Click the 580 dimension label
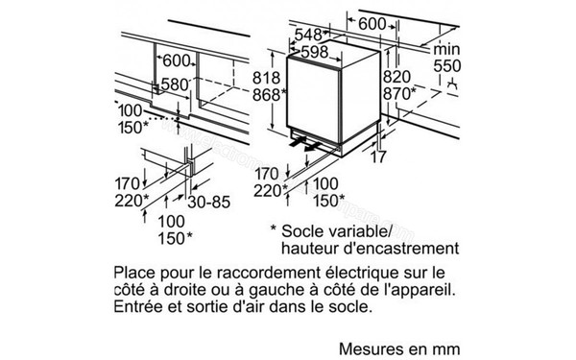pos(174,85)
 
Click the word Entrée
pos(138,309)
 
